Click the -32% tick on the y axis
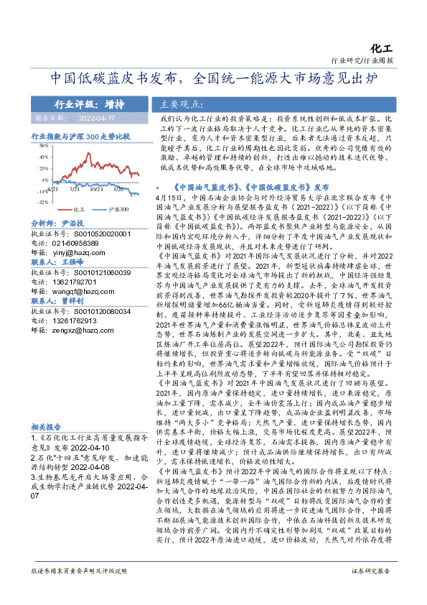(42, 203)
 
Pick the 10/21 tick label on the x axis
(96, 190)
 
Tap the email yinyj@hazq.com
(84, 253)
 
